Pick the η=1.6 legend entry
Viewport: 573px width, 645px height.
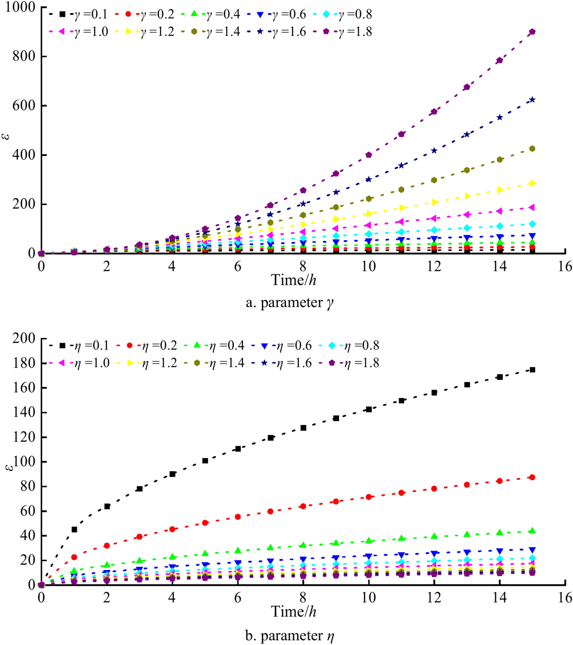tap(283, 363)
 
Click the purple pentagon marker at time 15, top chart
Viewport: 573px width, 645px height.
tap(532, 32)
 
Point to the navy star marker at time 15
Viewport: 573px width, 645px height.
tap(532, 99)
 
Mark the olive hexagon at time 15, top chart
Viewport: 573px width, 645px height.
tap(532, 149)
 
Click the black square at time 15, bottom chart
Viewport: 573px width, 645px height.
tap(532, 369)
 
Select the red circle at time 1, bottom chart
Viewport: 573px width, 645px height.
tap(74, 557)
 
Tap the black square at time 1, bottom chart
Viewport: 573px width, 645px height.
tap(74, 529)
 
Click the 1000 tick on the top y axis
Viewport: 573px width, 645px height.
tap(20, 7)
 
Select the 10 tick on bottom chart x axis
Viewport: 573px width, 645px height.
tap(369, 598)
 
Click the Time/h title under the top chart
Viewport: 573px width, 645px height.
tap(293, 280)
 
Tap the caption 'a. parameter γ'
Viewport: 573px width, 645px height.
tap(290, 303)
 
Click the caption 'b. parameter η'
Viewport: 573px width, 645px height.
tap(290, 636)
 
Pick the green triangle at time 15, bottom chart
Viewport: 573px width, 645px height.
tap(532, 531)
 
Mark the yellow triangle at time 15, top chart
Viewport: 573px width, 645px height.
tap(532, 183)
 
